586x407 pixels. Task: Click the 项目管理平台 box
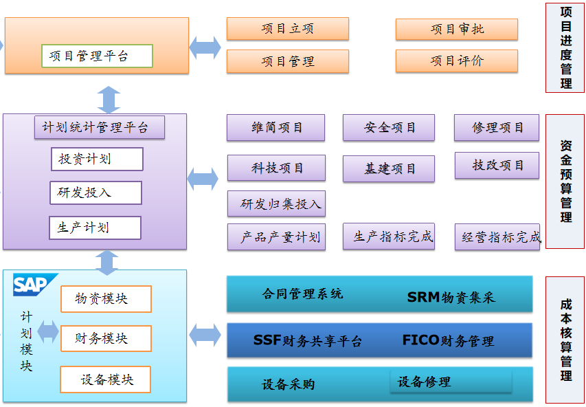click(x=97, y=56)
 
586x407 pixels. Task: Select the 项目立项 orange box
click(x=287, y=29)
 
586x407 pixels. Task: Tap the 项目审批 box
click(x=456, y=29)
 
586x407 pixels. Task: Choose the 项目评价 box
click(x=456, y=61)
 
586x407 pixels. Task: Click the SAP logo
click(x=31, y=285)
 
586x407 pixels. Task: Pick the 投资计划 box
click(x=97, y=159)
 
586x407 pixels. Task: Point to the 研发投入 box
click(x=95, y=193)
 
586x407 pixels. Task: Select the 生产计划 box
click(x=95, y=228)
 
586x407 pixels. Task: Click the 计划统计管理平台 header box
click(x=100, y=127)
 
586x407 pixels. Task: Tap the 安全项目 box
click(x=389, y=128)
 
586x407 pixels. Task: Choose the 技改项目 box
click(x=497, y=166)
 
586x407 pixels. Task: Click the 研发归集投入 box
click(x=276, y=204)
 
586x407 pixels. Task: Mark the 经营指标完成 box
click(x=497, y=237)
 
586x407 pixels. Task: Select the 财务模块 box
click(x=106, y=338)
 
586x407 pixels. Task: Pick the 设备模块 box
click(x=105, y=379)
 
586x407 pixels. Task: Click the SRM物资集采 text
click(x=451, y=297)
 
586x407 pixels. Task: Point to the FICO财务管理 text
click(x=448, y=340)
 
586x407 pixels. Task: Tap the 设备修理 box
click(x=451, y=382)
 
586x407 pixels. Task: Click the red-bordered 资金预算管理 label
click(x=565, y=181)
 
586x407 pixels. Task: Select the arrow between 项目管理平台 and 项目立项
click(x=205, y=46)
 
